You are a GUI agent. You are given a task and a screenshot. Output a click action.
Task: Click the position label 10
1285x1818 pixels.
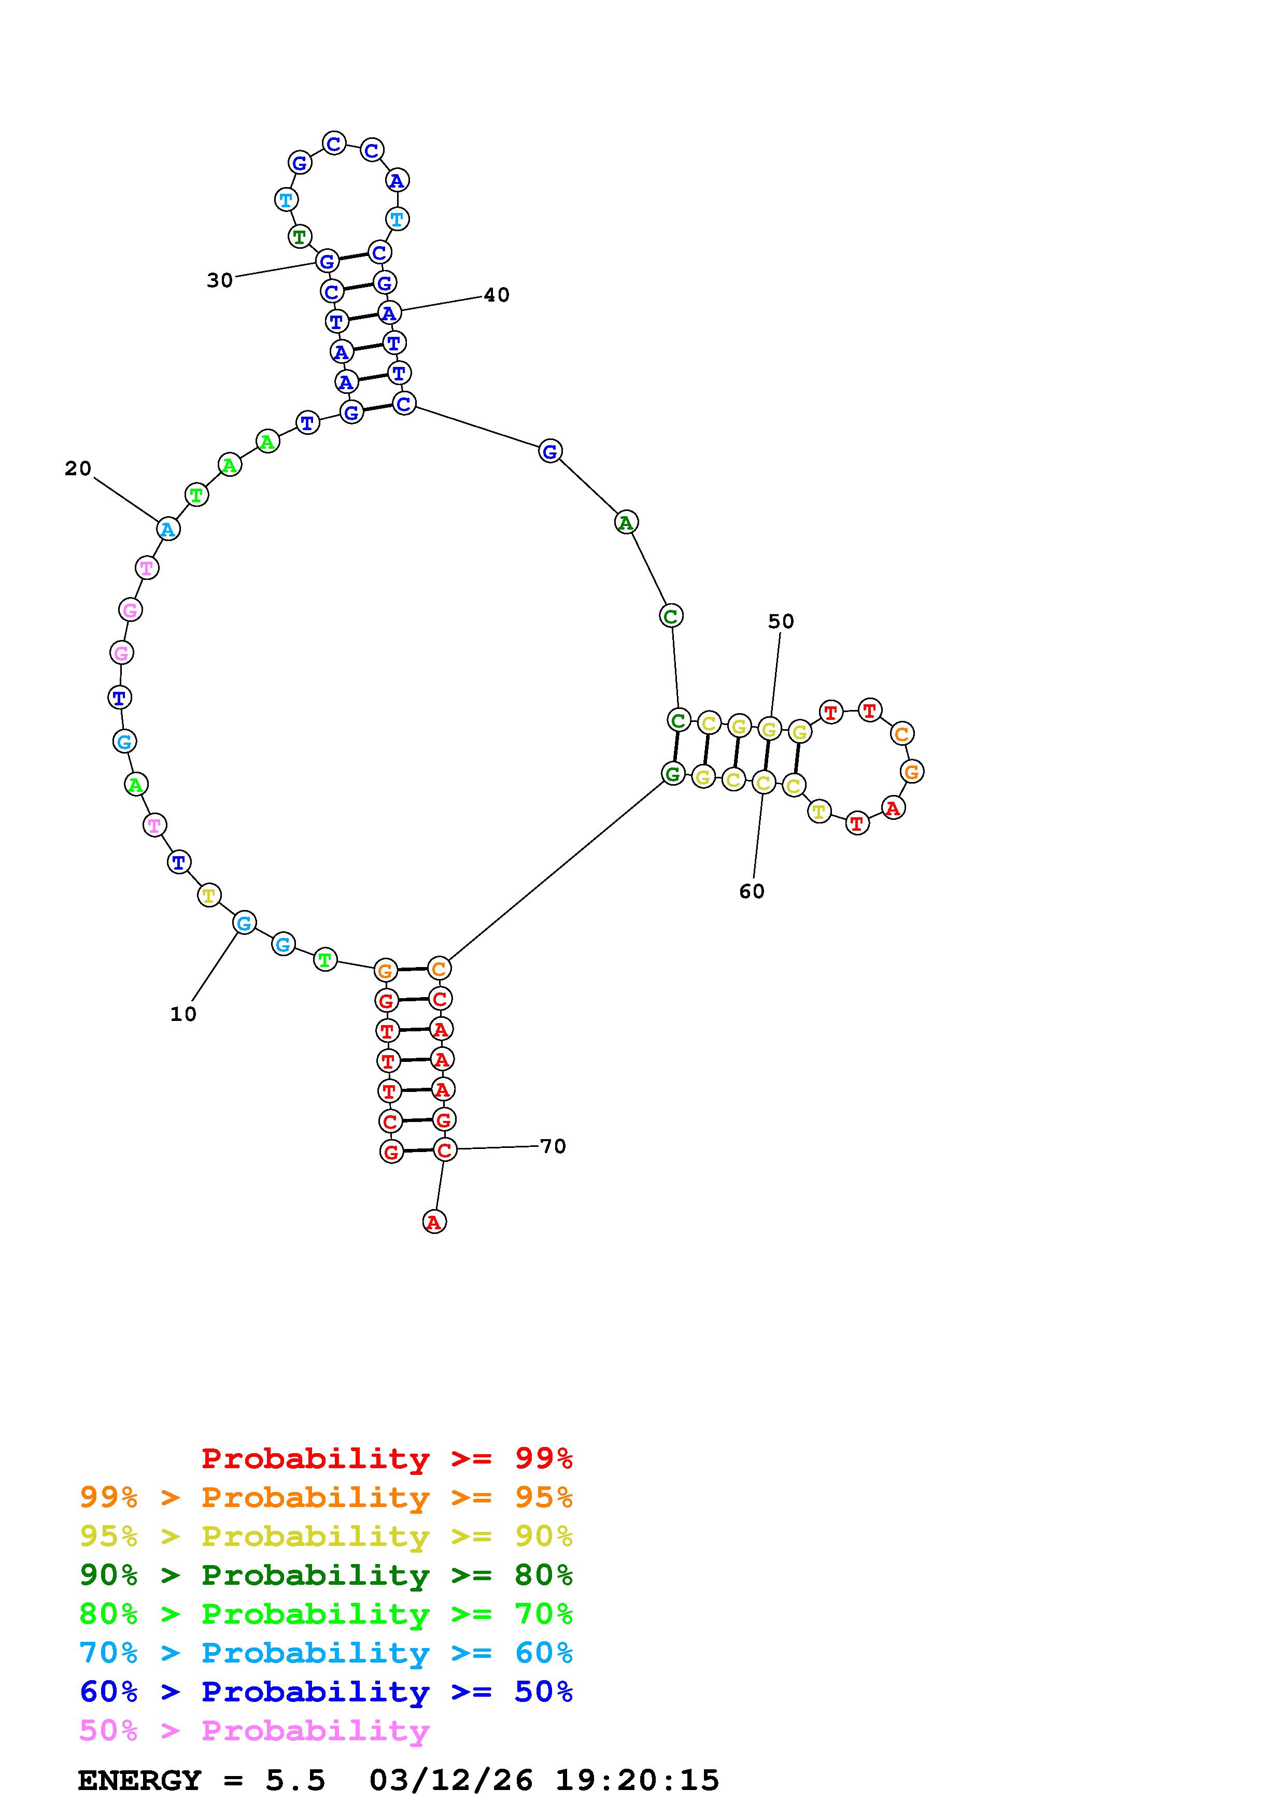point(183,1014)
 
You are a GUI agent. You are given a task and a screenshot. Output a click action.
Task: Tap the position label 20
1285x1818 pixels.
point(78,469)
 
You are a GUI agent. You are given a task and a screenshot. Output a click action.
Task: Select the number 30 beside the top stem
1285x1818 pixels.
point(220,280)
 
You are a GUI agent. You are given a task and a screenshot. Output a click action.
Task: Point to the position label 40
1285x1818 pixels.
point(497,295)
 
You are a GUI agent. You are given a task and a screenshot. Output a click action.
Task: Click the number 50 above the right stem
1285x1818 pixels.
point(781,621)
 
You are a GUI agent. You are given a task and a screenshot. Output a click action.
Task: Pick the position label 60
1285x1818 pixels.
point(752,891)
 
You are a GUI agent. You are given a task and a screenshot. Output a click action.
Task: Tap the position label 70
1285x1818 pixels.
point(553,1146)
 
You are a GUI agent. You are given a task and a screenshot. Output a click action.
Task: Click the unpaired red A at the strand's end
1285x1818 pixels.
point(434,1222)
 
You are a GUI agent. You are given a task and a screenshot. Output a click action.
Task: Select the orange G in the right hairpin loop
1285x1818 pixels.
point(912,771)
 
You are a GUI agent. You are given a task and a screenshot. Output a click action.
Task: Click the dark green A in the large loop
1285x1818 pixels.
point(626,522)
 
